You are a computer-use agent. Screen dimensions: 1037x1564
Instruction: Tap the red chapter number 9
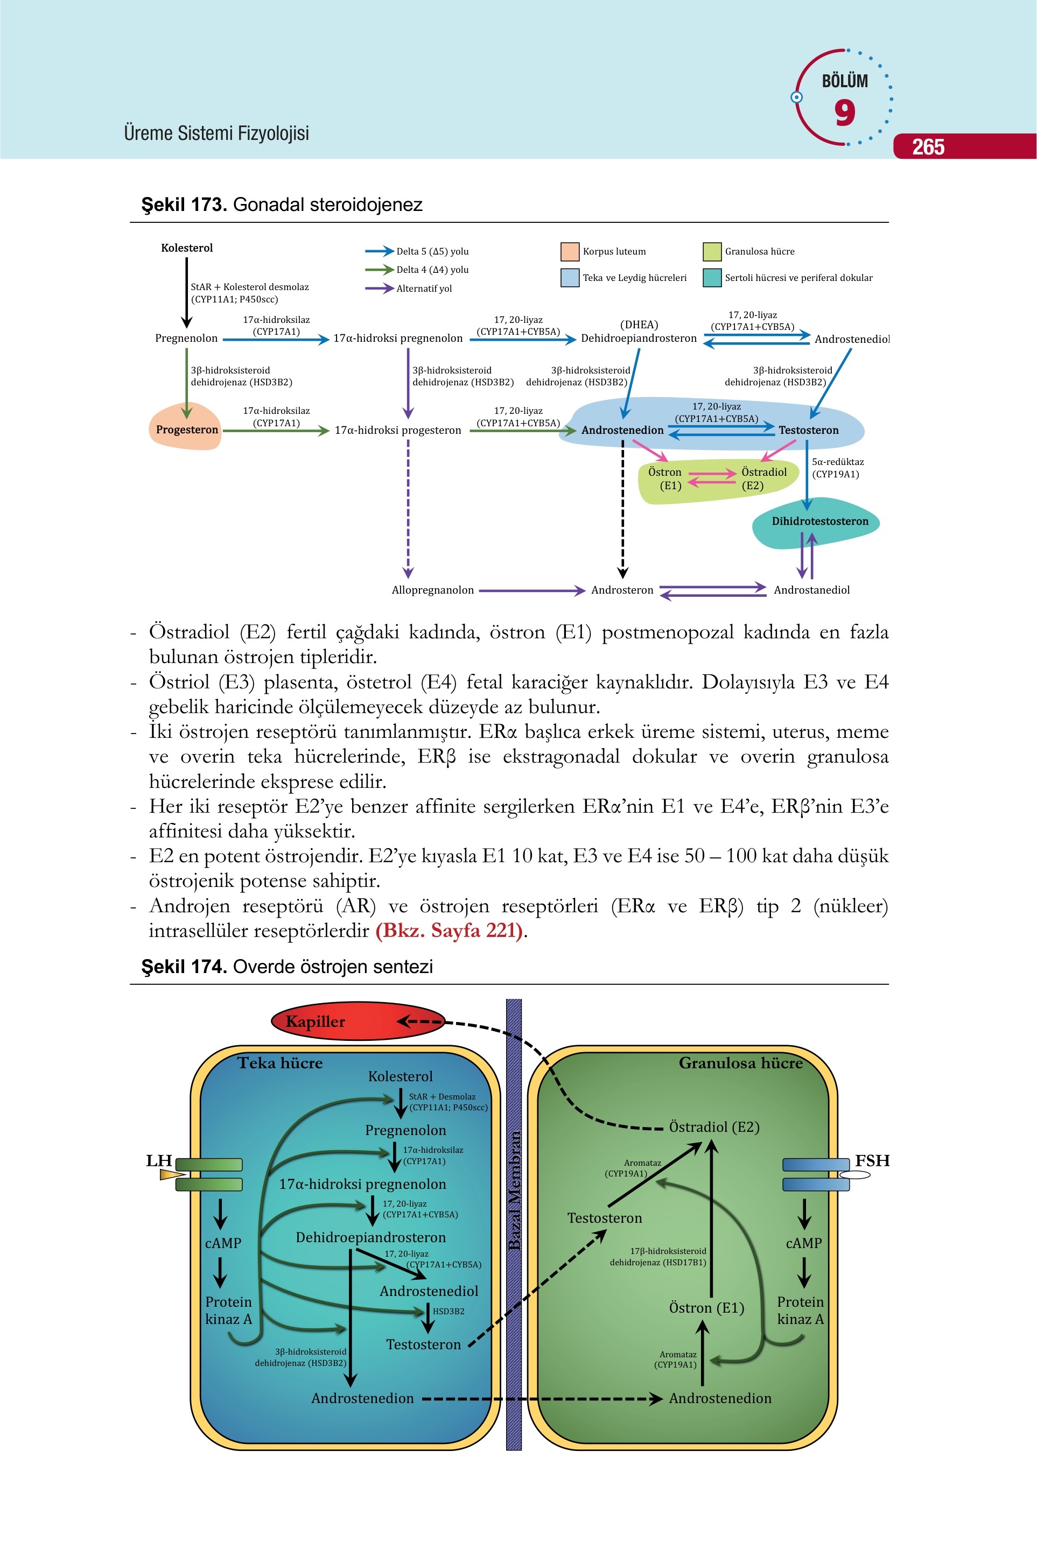click(x=845, y=113)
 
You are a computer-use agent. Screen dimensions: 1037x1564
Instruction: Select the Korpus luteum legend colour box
click(x=570, y=252)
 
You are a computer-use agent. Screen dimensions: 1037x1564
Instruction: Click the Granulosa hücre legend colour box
click(x=712, y=252)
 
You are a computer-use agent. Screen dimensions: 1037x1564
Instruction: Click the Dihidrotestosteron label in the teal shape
click(x=820, y=521)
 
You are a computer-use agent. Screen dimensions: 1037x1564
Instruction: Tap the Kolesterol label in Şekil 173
click(x=187, y=248)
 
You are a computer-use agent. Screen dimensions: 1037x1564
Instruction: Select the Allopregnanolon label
click(x=432, y=590)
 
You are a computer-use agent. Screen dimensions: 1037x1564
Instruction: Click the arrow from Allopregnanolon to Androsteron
click(x=532, y=590)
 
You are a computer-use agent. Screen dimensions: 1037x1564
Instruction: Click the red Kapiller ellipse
click(x=358, y=1021)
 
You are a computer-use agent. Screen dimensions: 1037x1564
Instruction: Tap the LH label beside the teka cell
click(x=159, y=1160)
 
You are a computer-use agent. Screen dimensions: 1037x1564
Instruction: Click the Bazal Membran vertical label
click(x=514, y=1190)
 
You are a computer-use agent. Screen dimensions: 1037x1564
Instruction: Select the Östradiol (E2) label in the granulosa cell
click(x=714, y=1127)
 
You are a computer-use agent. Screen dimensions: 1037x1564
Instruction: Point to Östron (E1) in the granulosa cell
click(x=706, y=1307)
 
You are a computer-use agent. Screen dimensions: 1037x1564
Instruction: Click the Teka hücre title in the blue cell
click(x=280, y=1063)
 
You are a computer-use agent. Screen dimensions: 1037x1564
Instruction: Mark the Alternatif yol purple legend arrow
click(x=380, y=288)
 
